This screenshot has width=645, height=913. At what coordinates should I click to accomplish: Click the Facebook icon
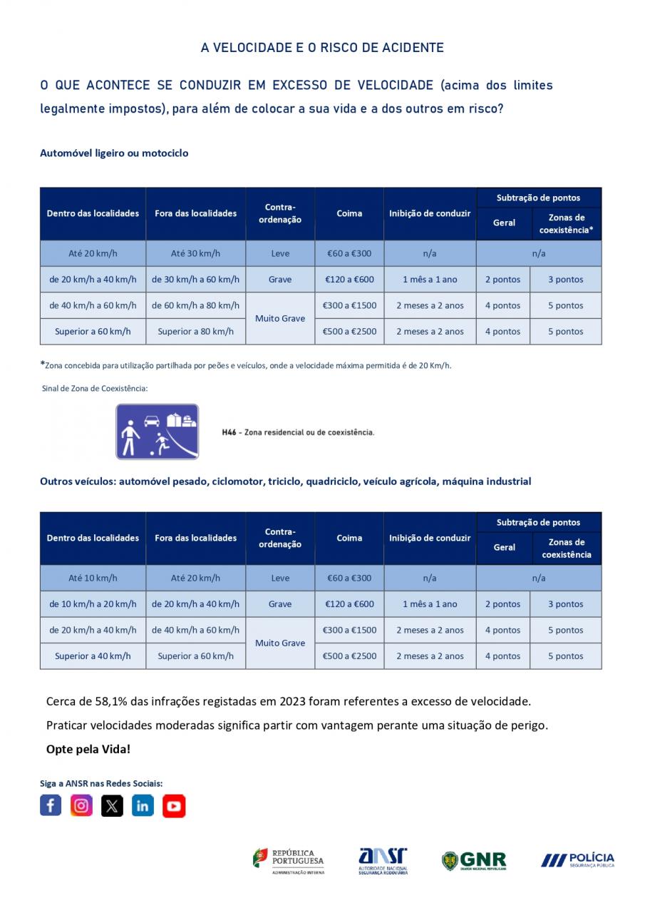51,805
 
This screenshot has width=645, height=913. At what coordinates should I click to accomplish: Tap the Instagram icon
81,805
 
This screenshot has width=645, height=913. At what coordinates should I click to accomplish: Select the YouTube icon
174,805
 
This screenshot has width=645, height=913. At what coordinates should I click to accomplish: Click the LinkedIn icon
143,805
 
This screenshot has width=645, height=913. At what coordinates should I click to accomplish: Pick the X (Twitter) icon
112,805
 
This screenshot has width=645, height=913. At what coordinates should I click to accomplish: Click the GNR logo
474,860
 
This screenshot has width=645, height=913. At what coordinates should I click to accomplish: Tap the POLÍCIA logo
577,860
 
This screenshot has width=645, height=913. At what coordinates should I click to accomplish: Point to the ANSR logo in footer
383,861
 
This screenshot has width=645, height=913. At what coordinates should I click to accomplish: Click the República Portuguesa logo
289,861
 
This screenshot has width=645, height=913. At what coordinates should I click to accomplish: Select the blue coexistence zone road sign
158,432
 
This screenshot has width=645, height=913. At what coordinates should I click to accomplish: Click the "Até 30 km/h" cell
195,253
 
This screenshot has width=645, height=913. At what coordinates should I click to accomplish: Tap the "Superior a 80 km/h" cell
195,331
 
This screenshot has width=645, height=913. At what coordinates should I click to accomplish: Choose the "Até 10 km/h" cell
93,578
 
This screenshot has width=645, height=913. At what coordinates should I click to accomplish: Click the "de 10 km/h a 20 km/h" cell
93,604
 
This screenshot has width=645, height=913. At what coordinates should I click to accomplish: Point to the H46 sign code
229,432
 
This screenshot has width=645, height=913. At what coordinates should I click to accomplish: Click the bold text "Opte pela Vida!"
88,749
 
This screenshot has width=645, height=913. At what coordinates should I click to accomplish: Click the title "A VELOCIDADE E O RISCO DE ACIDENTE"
322,48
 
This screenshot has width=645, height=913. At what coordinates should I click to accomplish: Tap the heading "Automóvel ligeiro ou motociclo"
114,153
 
